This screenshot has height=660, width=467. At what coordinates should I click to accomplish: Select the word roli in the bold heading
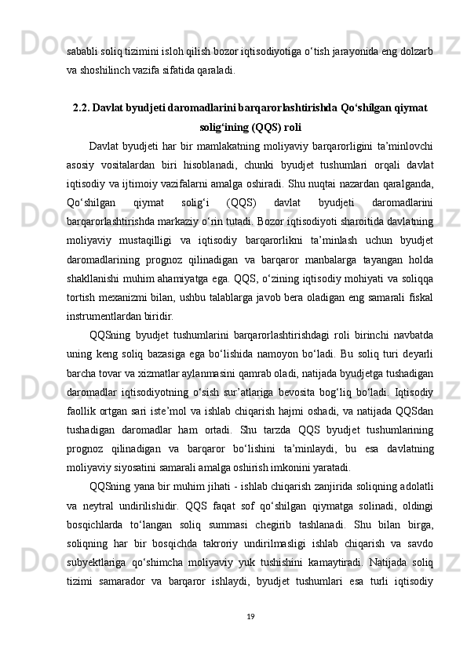click(293, 126)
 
